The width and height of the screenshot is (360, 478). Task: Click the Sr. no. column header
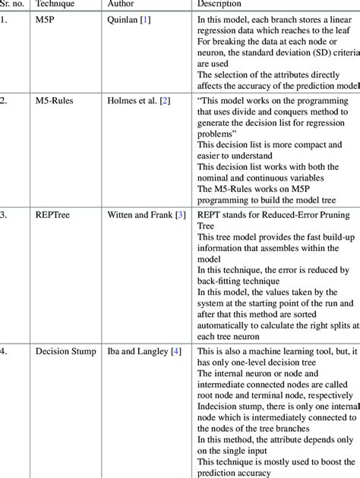pyautogui.click(x=12, y=5)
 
